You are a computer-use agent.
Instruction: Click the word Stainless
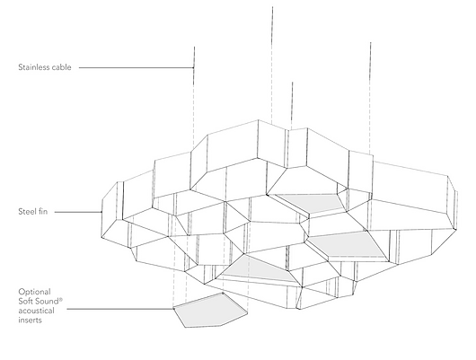tap(33, 67)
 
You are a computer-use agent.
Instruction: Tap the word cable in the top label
tap(61, 67)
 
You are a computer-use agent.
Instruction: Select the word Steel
tap(26, 211)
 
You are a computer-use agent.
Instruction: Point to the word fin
tap(42, 211)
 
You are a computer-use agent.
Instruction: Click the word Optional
tap(34, 292)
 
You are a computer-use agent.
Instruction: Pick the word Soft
tap(25, 302)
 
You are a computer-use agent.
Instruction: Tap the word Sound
tap(46, 302)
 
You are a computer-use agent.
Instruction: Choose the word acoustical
tap(36, 311)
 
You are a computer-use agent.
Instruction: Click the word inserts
tap(30, 320)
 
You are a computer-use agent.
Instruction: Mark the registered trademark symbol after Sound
tap(61, 300)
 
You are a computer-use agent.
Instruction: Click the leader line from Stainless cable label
tap(137, 67)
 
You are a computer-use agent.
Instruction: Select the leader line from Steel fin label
tap(78, 212)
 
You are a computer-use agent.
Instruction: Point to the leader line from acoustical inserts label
tap(120, 309)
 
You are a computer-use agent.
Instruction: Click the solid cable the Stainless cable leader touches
tap(194, 66)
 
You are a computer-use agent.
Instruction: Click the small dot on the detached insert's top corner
tap(223, 294)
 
